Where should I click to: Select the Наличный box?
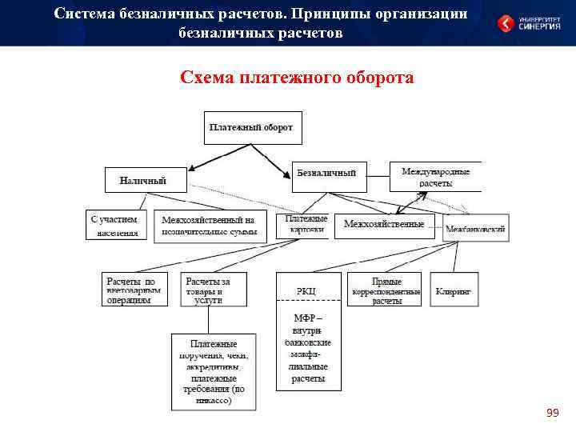tap(146, 180)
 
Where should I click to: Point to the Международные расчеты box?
tap(435, 177)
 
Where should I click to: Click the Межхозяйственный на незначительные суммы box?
tap(210, 226)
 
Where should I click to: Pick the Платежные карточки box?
tap(306, 225)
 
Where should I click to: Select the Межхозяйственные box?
tap(384, 225)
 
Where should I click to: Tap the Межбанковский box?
tap(475, 228)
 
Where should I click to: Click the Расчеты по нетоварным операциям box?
tap(134, 290)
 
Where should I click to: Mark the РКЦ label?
tap(306, 290)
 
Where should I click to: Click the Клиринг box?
tap(454, 291)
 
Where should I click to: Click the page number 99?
tap(552, 413)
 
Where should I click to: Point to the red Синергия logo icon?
tap(506, 23)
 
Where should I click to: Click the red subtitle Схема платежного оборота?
tap(297, 78)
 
